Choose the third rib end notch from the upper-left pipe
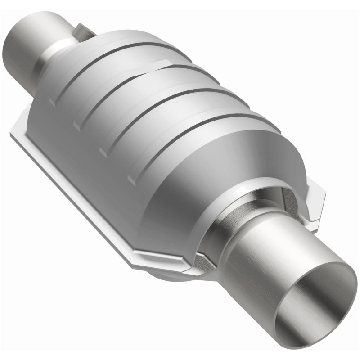point(104,151)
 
